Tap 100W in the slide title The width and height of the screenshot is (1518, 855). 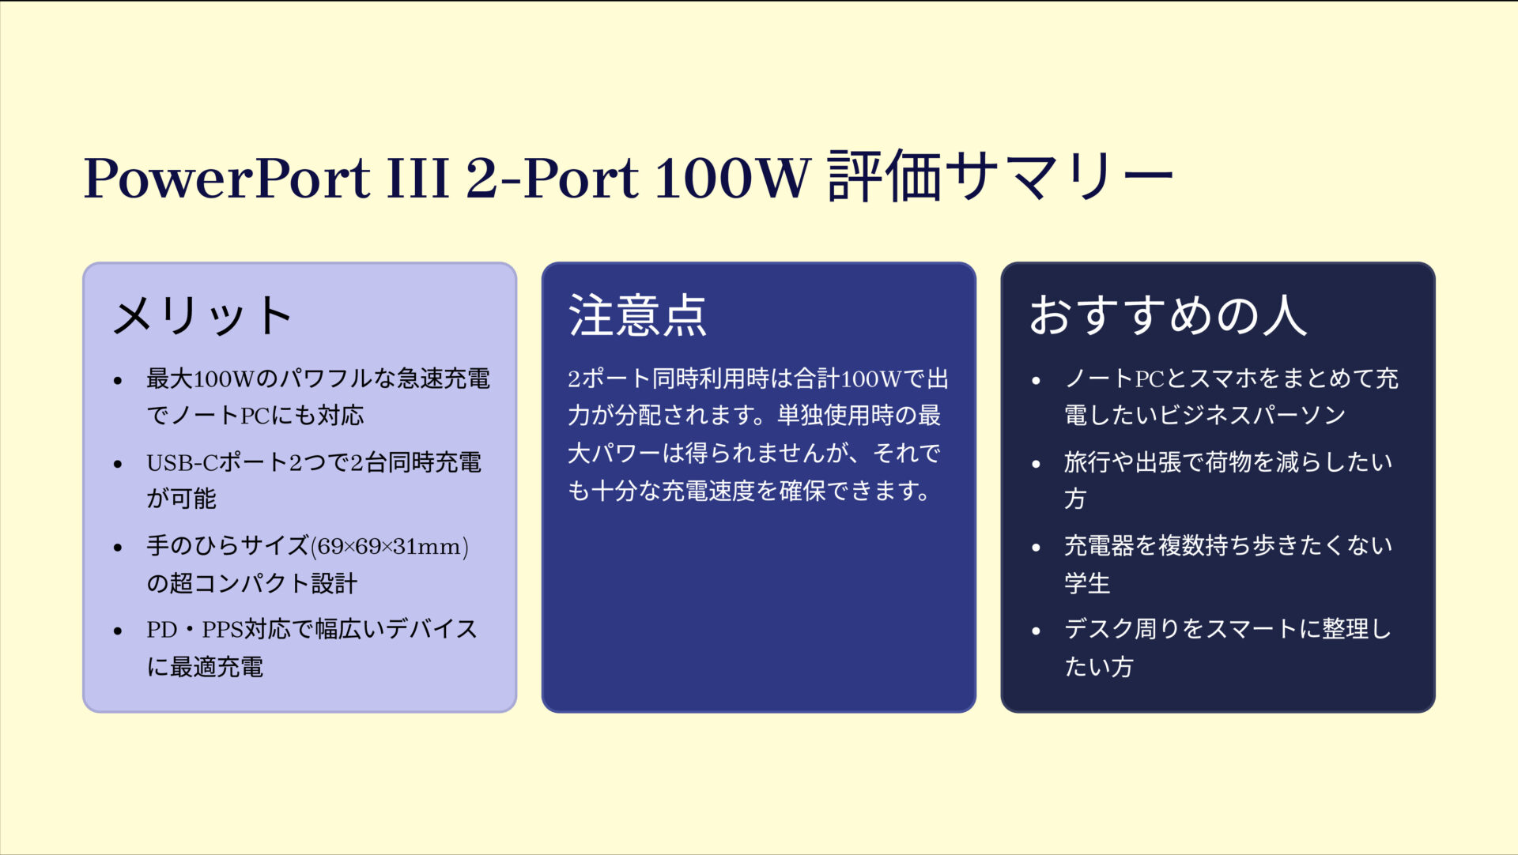pos(733,178)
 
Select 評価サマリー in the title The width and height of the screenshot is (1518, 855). pos(1000,176)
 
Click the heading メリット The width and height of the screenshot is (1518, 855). pos(202,316)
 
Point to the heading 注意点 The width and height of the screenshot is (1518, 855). pos(637,316)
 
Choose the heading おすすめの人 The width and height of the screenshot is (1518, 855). pos(1167,316)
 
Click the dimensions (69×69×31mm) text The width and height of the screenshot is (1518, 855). pos(389,546)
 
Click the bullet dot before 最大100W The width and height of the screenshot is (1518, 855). pos(118,381)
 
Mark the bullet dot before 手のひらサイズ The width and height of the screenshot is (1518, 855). pos(118,548)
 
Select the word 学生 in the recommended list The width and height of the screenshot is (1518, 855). pos(1087,584)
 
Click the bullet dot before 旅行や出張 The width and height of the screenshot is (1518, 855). pos(1036,464)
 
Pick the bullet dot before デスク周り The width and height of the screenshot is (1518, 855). pos(1036,631)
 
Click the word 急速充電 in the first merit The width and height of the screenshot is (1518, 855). pos(444,379)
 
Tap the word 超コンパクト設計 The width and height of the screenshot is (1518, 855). pos(263,584)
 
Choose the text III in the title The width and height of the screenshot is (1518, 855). pos(417,178)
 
